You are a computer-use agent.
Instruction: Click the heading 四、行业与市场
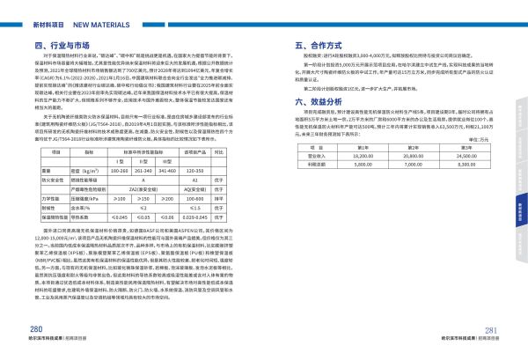click(64, 43)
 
